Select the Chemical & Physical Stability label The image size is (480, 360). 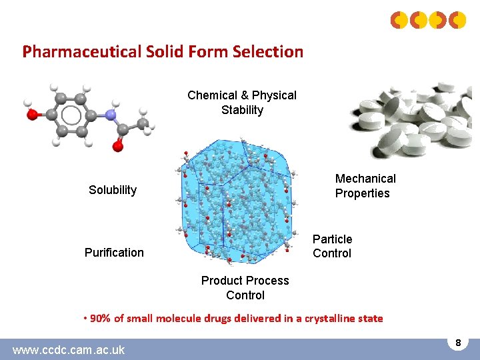click(242, 103)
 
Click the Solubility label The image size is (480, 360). click(113, 190)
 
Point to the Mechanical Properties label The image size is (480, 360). click(365, 186)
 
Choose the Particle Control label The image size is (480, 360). click(332, 246)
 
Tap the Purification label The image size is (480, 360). click(114, 253)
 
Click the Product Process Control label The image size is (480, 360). click(245, 288)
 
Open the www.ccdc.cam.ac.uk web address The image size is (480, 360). click(69, 349)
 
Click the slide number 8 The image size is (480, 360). click(458, 343)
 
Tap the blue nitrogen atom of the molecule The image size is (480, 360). click(110, 115)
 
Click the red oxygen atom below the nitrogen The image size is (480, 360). click(118, 145)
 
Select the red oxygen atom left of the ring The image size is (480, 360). click(32, 115)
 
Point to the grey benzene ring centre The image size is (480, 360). click(71, 115)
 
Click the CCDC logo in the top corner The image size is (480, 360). click(428, 21)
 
